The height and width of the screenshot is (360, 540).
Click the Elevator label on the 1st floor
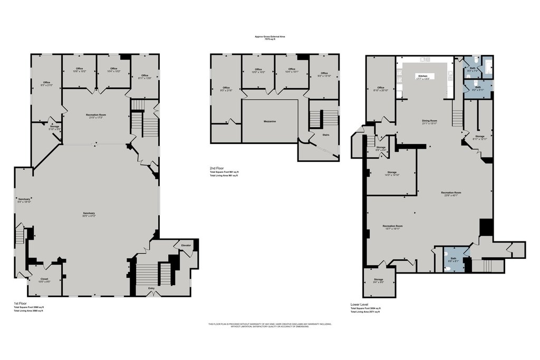coord(186,246)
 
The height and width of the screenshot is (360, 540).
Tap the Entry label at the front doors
coord(152,288)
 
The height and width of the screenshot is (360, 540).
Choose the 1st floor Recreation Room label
coord(96,114)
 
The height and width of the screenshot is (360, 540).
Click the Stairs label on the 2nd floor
coord(325,134)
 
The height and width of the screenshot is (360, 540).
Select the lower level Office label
coord(381,87)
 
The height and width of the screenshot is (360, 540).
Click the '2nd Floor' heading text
coord(217,169)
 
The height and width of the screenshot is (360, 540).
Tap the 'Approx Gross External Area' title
coord(269,36)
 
